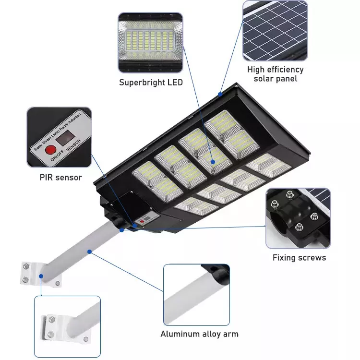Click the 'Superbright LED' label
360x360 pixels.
(x=151, y=83)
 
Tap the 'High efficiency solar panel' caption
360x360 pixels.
(x=276, y=74)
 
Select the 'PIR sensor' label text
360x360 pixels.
(x=60, y=178)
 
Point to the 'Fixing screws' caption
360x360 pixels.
(x=299, y=258)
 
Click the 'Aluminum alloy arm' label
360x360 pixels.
(x=199, y=334)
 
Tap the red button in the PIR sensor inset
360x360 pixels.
(x=50, y=150)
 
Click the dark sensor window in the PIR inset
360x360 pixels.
(x=65, y=138)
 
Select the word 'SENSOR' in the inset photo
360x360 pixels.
(x=73, y=145)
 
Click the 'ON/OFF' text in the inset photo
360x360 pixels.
(x=57, y=156)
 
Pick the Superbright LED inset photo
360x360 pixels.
(x=150, y=43)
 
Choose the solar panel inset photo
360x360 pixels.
(x=275, y=31)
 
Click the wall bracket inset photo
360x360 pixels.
(x=67, y=326)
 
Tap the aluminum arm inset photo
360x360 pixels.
(x=196, y=295)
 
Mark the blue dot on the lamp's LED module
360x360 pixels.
(x=213, y=162)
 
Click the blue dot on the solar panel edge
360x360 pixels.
(x=220, y=94)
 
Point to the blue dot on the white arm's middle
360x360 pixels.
(x=90, y=252)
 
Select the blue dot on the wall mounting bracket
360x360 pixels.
(x=41, y=276)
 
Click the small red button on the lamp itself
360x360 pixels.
(x=142, y=222)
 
